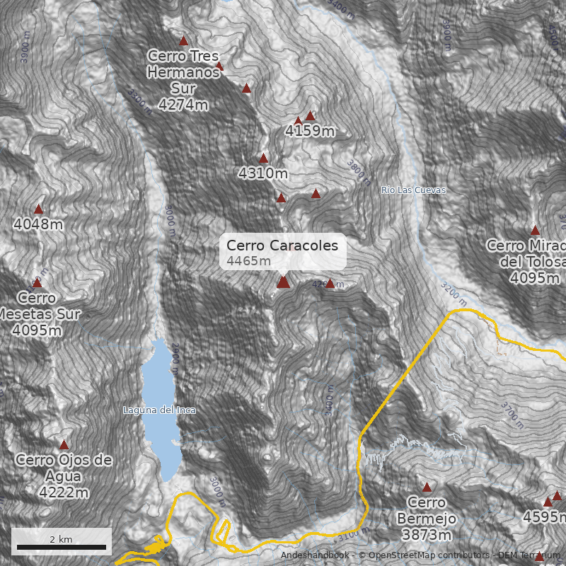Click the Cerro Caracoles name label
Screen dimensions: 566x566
282,246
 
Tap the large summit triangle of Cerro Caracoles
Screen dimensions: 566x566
283,282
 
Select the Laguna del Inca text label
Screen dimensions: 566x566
159,410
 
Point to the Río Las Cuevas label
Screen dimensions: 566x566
413,190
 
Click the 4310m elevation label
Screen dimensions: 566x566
263,173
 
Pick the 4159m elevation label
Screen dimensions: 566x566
310,131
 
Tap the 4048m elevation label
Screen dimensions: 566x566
38,224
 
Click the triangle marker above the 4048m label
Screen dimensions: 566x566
39,209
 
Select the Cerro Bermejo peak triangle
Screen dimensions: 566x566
427,487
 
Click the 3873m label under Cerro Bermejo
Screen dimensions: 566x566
427,535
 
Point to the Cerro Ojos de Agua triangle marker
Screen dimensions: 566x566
64,445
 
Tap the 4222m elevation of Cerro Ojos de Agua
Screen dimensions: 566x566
64,492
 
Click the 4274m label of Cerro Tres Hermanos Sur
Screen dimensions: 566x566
183,105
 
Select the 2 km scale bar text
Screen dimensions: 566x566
61,539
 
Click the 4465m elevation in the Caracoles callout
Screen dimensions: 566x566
249,261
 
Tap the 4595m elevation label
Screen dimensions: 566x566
544,517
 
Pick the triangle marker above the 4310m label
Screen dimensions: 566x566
264,158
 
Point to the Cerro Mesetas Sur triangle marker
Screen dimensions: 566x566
37,282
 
